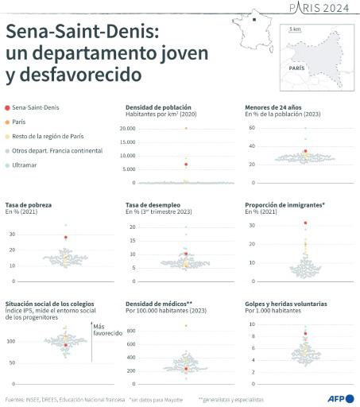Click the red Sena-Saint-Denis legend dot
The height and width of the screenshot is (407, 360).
(x=7, y=107)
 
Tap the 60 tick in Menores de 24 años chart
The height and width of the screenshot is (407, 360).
(x=250, y=127)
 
